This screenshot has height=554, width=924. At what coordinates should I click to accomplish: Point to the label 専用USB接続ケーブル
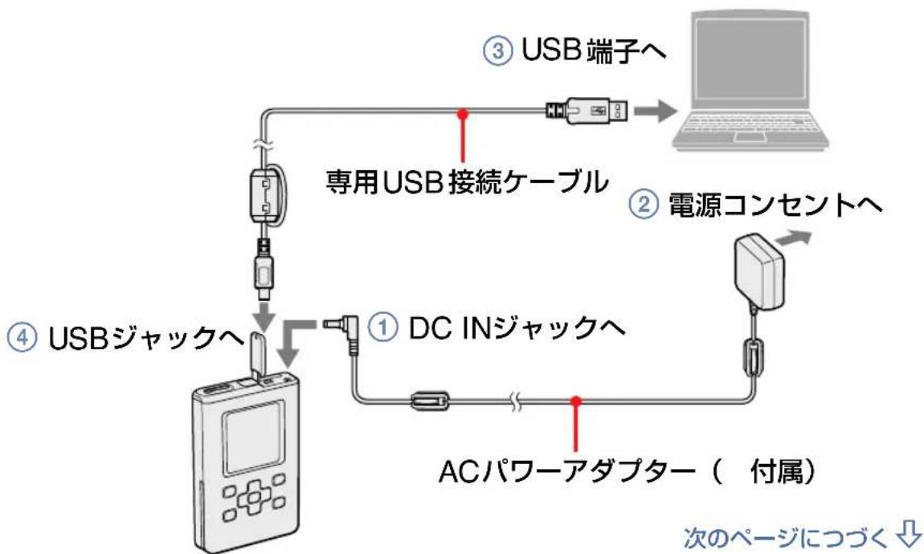pyautogui.click(x=465, y=183)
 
